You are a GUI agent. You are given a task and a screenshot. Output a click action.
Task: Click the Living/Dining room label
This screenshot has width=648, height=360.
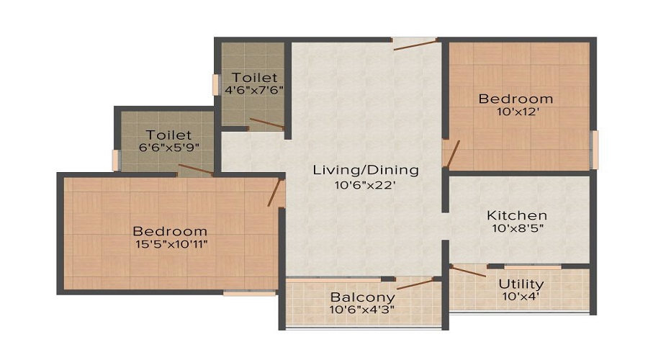click(x=365, y=170)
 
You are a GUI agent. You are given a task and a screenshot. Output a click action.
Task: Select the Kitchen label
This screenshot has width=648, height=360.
click(x=517, y=215)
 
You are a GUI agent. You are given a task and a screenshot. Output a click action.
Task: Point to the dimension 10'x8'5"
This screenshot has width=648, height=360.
click(x=517, y=229)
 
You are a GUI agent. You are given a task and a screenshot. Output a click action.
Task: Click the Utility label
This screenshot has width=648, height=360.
click(x=521, y=284)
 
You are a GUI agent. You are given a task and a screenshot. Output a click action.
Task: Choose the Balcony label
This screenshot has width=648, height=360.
click(x=362, y=297)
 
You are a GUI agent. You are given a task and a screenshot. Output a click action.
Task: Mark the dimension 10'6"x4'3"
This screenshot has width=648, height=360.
click(x=362, y=310)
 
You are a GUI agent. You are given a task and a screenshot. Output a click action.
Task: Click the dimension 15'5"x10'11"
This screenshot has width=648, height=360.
click(x=170, y=244)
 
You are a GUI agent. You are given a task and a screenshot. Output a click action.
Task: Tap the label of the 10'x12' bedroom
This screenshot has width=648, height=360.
click(x=516, y=99)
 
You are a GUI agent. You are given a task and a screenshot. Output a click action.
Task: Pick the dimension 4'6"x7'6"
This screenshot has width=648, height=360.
click(x=253, y=91)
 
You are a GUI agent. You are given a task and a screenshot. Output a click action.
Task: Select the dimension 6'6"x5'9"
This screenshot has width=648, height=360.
click(x=168, y=148)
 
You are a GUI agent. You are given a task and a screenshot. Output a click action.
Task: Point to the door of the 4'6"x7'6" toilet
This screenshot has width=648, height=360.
click(x=266, y=123)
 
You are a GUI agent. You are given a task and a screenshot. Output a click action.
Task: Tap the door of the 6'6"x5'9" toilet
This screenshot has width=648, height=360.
click(x=195, y=170)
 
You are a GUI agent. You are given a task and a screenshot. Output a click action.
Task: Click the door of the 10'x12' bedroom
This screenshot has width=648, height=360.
click(x=451, y=152)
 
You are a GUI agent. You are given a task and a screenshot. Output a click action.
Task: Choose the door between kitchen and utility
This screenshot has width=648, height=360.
click(x=468, y=271)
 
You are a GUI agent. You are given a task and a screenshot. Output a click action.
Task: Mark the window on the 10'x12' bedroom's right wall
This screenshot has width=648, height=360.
click(x=594, y=150)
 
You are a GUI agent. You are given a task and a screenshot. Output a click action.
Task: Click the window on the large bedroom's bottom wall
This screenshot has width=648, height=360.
click(x=249, y=293)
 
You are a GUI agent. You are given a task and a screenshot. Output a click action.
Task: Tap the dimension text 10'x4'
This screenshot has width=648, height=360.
click(x=521, y=297)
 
